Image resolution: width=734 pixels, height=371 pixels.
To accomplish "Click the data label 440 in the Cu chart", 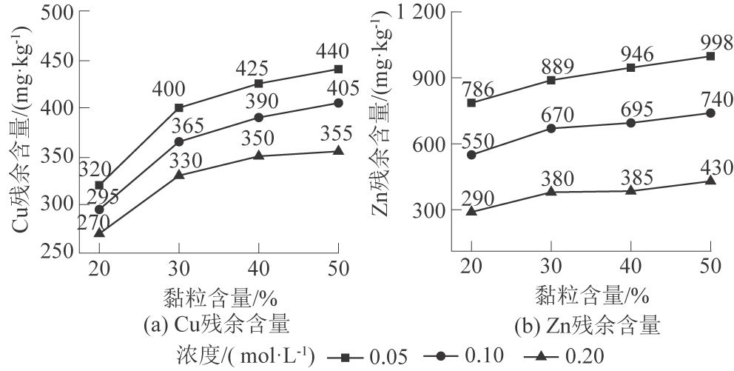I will pyautogui.click(x=338, y=52).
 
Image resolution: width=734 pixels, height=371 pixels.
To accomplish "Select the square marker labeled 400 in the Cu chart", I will pyautogui.click(x=179, y=107).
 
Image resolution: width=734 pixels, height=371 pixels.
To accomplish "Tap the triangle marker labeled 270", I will pyautogui.click(x=99, y=233).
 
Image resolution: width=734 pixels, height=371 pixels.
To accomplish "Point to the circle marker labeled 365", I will pyautogui.click(x=179, y=141).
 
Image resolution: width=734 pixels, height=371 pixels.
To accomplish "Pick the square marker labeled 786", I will pyautogui.click(x=471, y=102).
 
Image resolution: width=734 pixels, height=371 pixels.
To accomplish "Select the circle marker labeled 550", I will pyautogui.click(x=471, y=155).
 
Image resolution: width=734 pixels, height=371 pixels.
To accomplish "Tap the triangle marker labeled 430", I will pyautogui.click(x=710, y=180).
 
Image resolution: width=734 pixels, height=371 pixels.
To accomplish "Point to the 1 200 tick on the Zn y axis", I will pyautogui.click(x=419, y=13).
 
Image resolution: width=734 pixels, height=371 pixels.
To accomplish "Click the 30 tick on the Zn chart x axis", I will pyautogui.click(x=551, y=267).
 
